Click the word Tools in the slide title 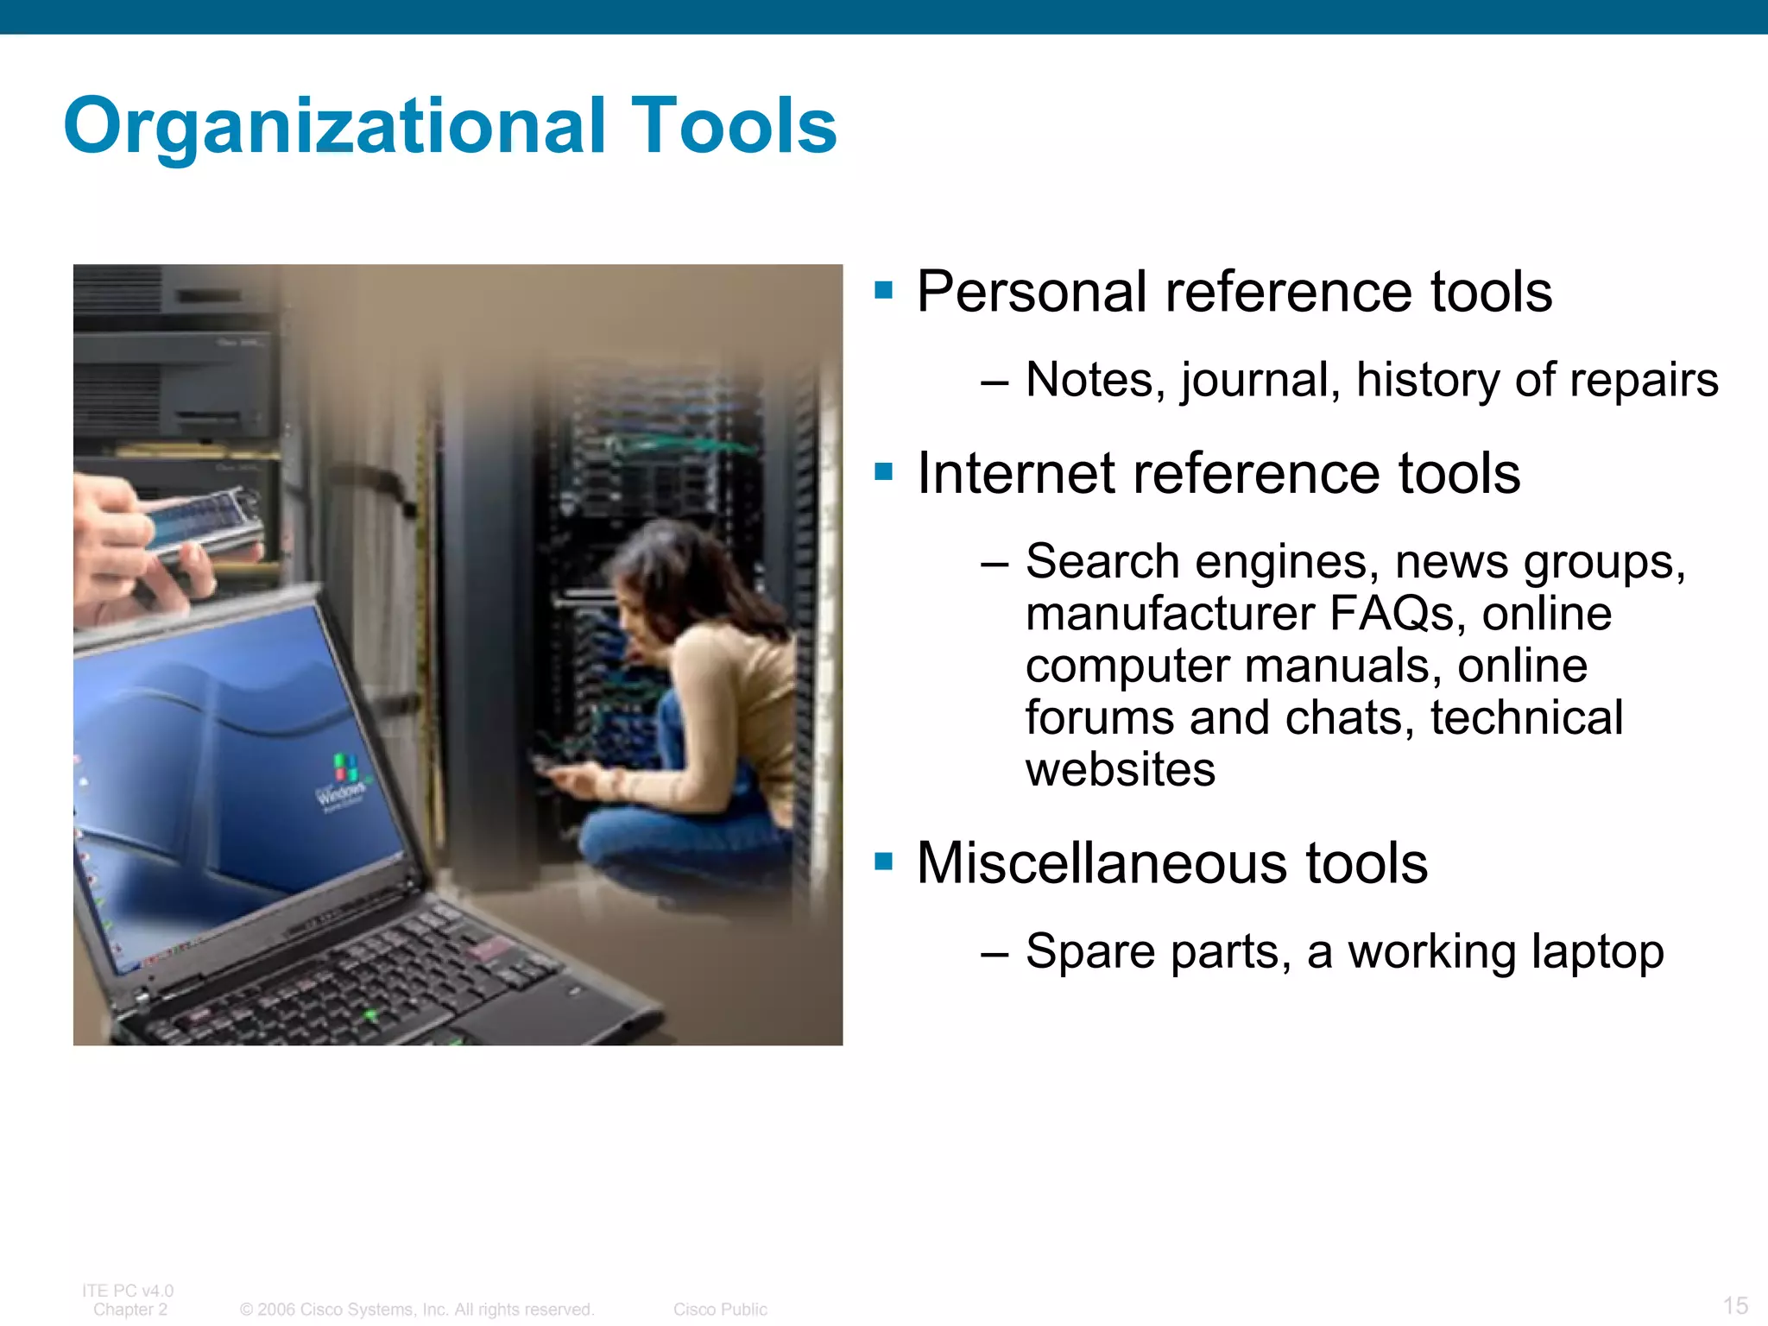[x=735, y=126]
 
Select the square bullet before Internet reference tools [x=883, y=471]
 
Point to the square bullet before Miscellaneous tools [x=883, y=861]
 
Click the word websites [x=1120, y=769]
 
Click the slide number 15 [x=1735, y=1305]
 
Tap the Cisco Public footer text [x=720, y=1310]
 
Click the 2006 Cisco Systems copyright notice [x=417, y=1310]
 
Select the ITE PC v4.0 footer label [x=128, y=1291]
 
